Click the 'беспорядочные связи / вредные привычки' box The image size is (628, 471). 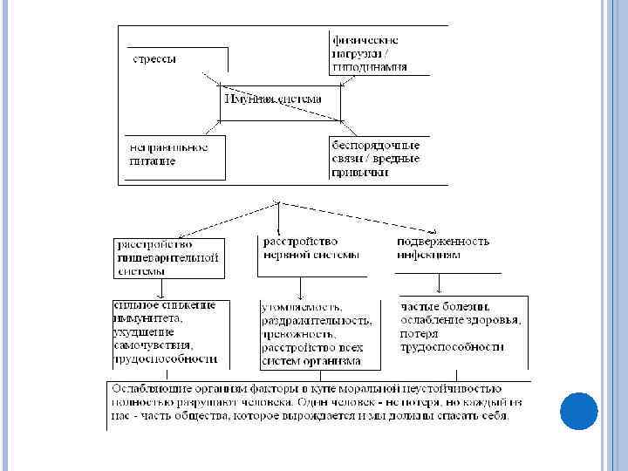tap(376, 159)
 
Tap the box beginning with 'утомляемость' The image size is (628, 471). tap(319, 335)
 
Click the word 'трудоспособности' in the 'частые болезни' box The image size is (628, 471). tap(452, 347)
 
